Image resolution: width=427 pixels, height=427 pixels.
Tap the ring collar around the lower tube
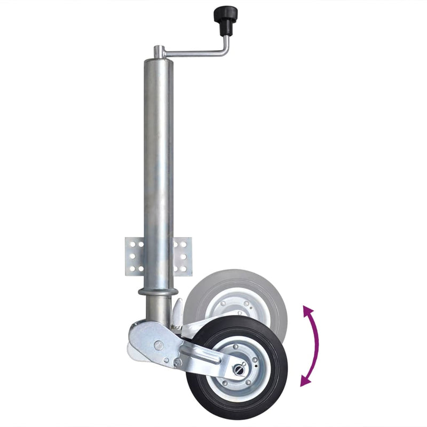[157, 292]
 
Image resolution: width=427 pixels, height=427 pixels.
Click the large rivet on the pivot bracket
[159, 345]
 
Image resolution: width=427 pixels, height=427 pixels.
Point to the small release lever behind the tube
[177, 312]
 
